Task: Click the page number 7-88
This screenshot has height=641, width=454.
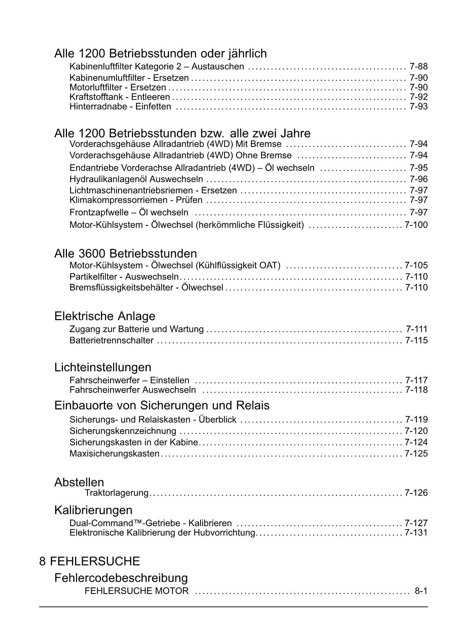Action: (x=419, y=67)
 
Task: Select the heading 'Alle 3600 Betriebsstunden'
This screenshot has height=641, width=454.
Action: (x=125, y=254)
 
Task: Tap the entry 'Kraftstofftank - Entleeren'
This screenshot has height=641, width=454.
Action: (x=120, y=97)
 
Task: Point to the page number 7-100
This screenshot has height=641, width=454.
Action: (x=416, y=225)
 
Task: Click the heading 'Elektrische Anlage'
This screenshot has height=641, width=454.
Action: (x=105, y=316)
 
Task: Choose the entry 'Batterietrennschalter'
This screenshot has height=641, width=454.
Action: (x=111, y=341)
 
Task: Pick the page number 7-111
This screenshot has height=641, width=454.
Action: (x=416, y=329)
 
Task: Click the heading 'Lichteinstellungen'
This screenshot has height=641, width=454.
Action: (x=102, y=367)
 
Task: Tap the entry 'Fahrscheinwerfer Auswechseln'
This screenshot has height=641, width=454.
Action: (x=132, y=390)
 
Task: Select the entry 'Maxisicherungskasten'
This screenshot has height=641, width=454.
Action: (x=115, y=454)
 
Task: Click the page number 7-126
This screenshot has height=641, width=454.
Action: (x=416, y=493)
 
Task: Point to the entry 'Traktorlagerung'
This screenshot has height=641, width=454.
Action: (x=116, y=493)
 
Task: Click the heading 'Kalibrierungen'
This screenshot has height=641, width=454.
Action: (x=93, y=510)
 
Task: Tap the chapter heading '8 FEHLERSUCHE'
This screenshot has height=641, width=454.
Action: (x=90, y=561)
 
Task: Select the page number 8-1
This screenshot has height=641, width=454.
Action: (x=421, y=591)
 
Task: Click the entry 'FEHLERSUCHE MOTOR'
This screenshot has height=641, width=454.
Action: (x=136, y=591)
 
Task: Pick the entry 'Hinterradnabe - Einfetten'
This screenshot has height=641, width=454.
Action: (x=120, y=107)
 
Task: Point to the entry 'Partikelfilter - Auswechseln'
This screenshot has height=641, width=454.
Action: (x=124, y=277)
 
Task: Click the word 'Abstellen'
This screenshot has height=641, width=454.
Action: (x=79, y=482)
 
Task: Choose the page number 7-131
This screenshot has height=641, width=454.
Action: (x=416, y=533)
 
